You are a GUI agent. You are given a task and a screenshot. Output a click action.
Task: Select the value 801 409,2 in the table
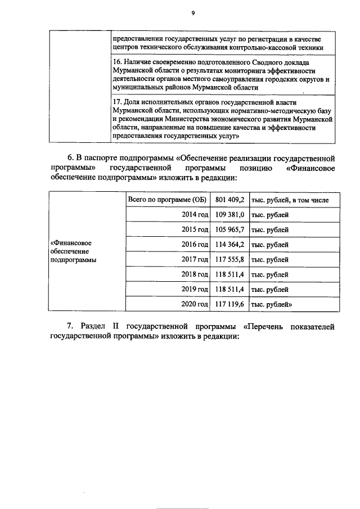[x=229, y=200]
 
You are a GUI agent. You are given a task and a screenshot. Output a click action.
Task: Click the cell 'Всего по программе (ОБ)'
[x=167, y=200]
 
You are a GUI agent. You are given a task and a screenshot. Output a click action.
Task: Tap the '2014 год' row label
[x=195, y=214]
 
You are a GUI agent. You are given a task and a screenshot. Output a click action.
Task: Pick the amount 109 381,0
[x=229, y=214]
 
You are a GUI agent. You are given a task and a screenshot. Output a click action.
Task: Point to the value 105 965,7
[x=229, y=229]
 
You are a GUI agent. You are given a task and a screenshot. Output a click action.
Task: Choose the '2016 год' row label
[x=195, y=245]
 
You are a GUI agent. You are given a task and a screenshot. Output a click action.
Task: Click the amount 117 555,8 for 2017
[x=229, y=259]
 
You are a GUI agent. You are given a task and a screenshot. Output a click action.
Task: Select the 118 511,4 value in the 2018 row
[x=229, y=274]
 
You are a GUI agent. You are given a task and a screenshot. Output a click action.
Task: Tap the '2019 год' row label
[x=195, y=289]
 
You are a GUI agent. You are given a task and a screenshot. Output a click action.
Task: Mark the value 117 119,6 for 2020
[x=229, y=304]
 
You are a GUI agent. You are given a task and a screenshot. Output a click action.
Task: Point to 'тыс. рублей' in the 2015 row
[x=269, y=229]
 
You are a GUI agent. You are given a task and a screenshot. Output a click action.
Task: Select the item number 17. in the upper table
[x=117, y=103]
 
